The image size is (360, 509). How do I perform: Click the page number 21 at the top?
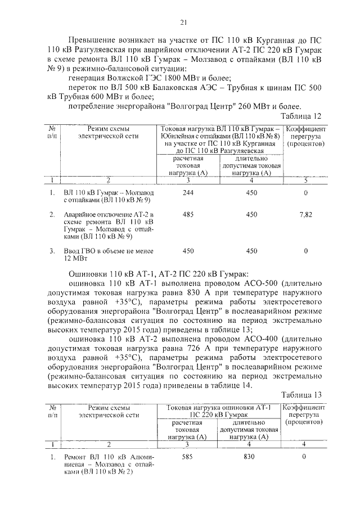(183, 23)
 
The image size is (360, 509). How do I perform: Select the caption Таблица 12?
(303, 116)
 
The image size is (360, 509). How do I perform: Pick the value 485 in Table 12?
(188, 214)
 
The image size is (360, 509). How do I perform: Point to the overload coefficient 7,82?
(305, 214)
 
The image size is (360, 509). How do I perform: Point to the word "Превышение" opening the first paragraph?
(92, 41)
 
